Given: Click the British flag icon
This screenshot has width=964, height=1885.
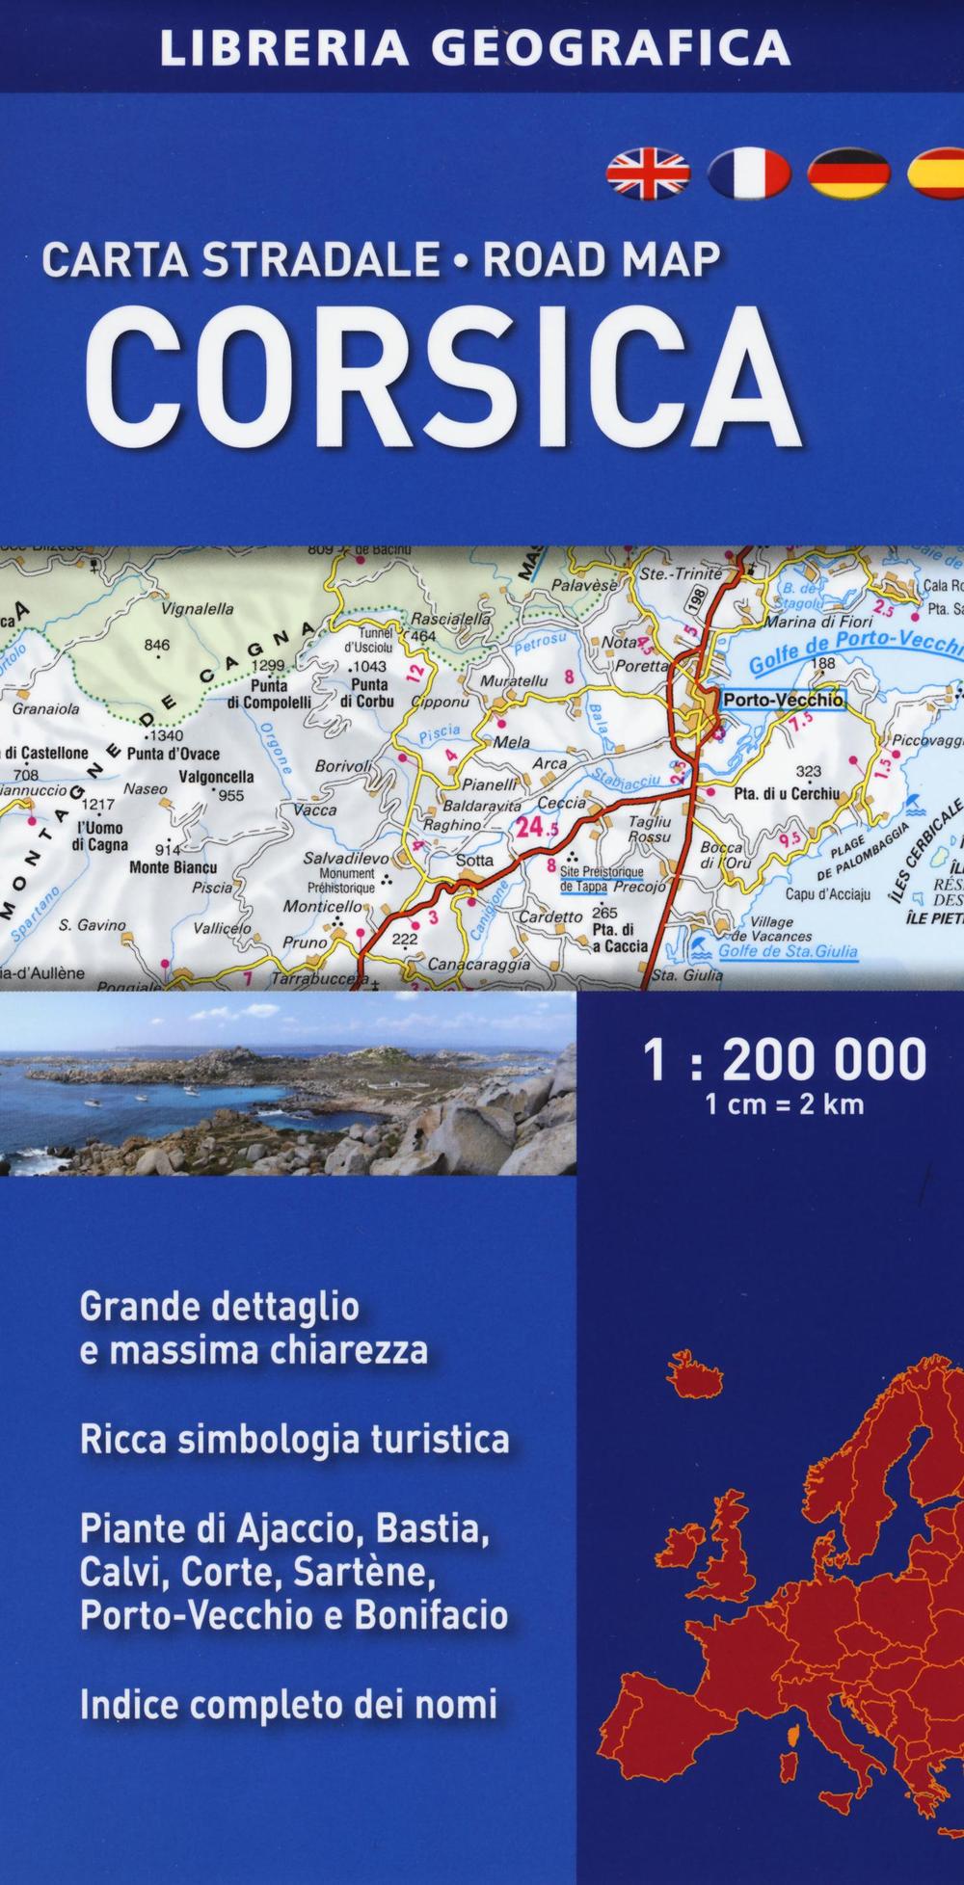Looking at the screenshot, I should click(648, 173).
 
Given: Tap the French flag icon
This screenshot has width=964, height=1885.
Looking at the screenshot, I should click(749, 173).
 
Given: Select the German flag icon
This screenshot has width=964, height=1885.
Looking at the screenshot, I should click(848, 173).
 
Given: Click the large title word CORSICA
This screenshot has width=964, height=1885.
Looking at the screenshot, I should click(442, 380).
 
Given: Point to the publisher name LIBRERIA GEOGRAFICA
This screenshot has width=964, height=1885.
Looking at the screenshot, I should click(475, 46).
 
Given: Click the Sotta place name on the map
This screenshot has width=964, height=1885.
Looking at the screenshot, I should click(473, 861).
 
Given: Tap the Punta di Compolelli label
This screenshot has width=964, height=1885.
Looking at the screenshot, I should click(269, 695).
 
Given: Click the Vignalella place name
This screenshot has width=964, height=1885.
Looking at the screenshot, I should click(197, 608).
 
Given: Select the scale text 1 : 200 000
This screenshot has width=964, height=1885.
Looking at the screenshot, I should click(785, 1059).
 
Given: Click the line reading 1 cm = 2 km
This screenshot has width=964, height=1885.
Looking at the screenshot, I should click(785, 1104).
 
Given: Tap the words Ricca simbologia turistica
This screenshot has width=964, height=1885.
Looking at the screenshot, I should click(295, 1440).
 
